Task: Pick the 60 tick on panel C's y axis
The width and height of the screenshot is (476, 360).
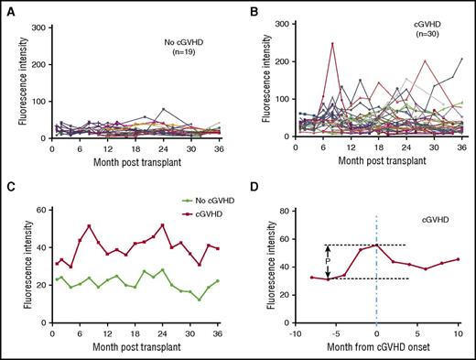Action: (42, 212)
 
